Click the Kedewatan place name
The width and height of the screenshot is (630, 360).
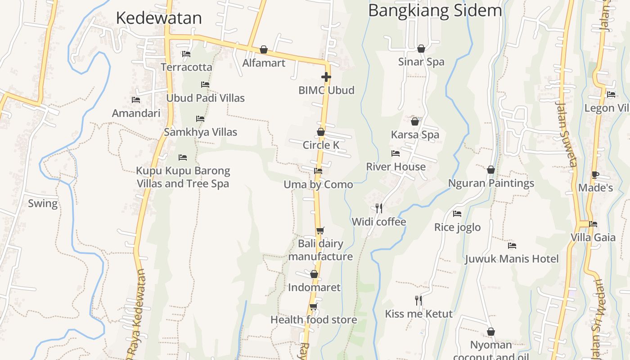(159, 18)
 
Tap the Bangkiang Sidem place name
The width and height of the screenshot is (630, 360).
(435, 10)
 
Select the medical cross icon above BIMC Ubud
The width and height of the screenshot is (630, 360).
(326, 77)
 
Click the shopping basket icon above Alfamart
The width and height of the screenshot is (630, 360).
(264, 49)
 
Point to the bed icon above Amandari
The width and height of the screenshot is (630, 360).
(136, 100)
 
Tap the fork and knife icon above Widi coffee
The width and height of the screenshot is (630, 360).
(379, 208)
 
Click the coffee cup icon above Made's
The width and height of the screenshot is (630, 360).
(595, 175)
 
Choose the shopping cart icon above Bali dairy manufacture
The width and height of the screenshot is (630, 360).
(320, 231)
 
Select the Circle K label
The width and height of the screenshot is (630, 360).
(321, 145)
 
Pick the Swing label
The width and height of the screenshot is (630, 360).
(43, 203)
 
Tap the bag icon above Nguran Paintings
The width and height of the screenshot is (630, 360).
(491, 170)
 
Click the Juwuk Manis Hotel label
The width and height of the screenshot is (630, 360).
(512, 259)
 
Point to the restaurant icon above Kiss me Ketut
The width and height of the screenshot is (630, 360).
(418, 300)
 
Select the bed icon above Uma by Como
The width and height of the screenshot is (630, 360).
(318, 171)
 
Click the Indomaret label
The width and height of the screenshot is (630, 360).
(314, 288)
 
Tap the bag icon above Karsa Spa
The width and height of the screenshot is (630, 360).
(415, 121)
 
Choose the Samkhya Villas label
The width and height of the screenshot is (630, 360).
(200, 132)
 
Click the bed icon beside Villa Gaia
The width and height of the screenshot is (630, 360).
(593, 224)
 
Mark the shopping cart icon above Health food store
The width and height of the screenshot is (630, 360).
(313, 307)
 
